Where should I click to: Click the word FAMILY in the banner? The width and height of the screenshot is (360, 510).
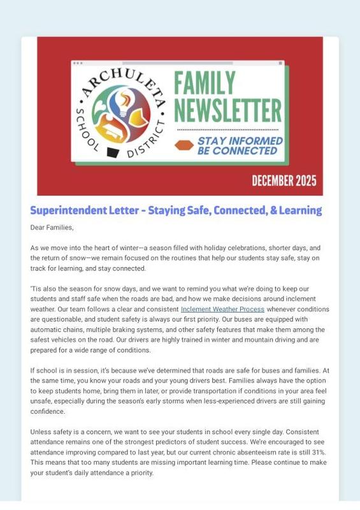click(x=205, y=83)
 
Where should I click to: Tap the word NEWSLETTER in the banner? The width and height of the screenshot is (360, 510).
click(x=227, y=110)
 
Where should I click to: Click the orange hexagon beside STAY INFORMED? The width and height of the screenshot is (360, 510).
click(x=184, y=145)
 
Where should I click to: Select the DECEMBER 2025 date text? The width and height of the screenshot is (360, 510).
click(x=284, y=180)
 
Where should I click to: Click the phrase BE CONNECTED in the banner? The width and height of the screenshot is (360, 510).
click(x=237, y=151)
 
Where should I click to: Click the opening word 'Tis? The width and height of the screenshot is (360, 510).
click(x=36, y=289)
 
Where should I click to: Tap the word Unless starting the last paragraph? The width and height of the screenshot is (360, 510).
click(x=41, y=432)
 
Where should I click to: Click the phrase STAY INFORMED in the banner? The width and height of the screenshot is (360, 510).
click(x=240, y=140)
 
